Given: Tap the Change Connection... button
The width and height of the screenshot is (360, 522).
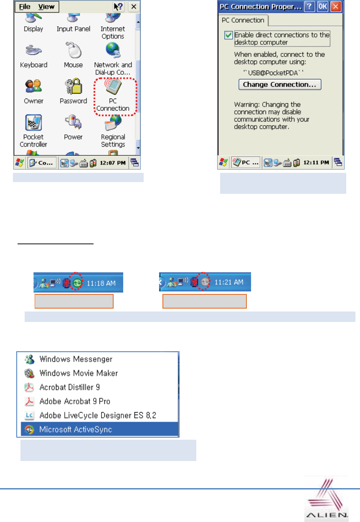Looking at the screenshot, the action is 280,84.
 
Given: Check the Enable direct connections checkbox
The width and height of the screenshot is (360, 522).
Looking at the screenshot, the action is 228,35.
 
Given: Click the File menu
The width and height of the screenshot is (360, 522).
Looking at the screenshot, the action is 25,7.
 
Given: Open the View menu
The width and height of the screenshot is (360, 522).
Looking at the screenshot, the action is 46,7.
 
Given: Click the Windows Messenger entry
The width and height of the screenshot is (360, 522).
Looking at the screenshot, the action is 75,359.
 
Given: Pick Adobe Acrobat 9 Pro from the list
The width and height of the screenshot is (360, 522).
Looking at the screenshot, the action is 74,401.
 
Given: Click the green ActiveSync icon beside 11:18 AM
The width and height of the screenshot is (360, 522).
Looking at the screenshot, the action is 76,283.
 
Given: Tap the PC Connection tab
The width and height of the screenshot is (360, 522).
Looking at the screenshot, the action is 243,20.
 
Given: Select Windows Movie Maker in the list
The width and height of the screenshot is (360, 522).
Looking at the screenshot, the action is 78,373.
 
